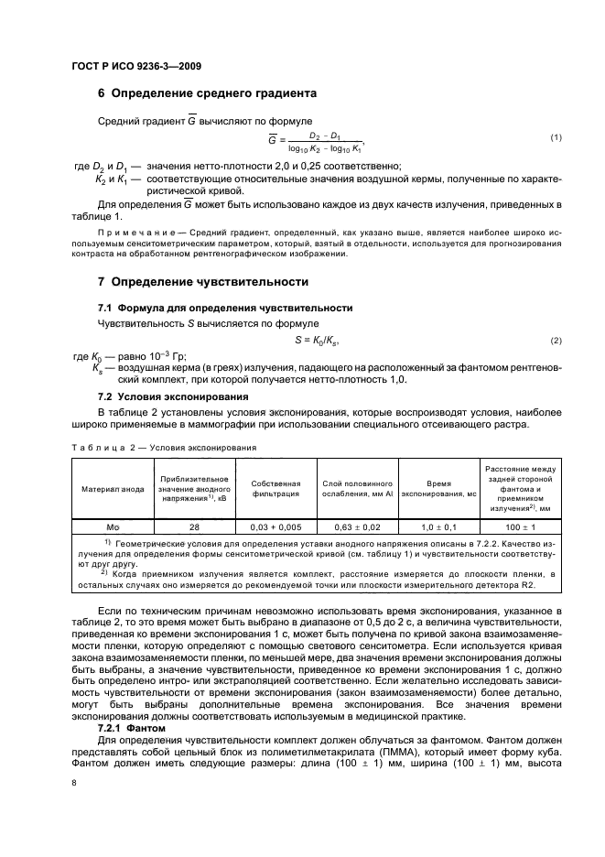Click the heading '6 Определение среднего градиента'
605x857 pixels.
point(207,92)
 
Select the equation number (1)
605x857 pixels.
point(555,137)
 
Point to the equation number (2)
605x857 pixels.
point(555,341)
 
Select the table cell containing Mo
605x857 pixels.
point(113,527)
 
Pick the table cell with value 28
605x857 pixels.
point(193,527)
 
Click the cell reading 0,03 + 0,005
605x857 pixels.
point(275,527)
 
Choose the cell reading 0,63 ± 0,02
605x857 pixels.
point(357,527)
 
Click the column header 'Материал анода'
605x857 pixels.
point(113,489)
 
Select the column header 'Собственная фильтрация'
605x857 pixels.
point(275,488)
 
